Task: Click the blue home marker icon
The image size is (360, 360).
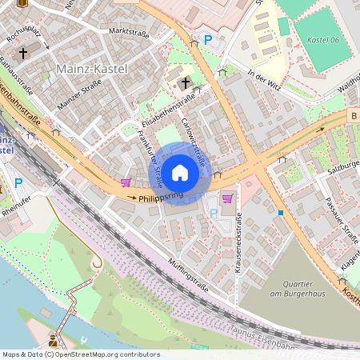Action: point(180,172)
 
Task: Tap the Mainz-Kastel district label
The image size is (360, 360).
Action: point(91,70)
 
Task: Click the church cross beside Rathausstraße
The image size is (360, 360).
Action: point(23,54)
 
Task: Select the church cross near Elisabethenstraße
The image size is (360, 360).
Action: point(186,82)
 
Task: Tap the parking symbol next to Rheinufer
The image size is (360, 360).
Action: point(18,183)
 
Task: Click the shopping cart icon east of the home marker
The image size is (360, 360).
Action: point(227,198)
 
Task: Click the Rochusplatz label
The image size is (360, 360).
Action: point(22,36)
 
